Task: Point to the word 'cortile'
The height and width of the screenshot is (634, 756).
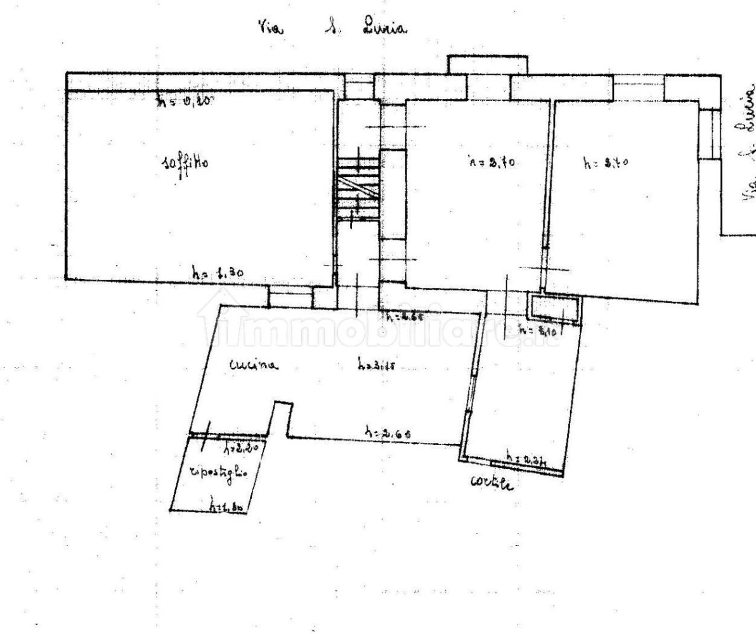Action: (x=492, y=482)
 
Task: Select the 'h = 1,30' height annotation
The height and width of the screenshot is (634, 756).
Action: (x=218, y=273)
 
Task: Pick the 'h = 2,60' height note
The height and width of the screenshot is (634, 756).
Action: (x=388, y=433)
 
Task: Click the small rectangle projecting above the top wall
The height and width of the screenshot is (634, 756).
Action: (x=487, y=64)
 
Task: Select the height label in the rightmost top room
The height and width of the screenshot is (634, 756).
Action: (x=605, y=163)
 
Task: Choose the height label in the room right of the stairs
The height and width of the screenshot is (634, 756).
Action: (x=491, y=163)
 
